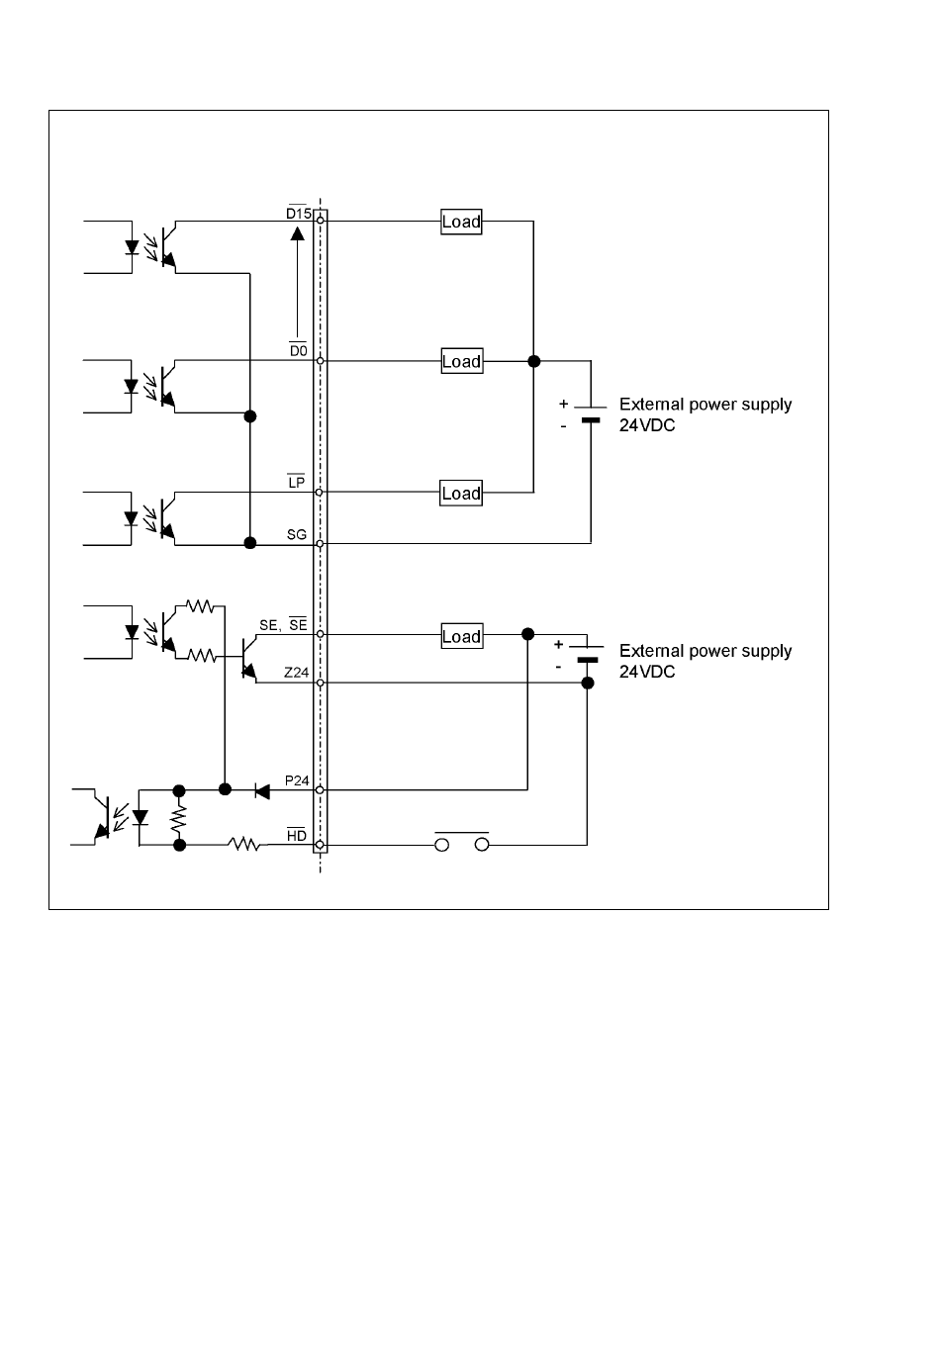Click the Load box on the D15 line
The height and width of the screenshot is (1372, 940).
coord(461,222)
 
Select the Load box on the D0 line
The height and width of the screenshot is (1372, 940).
coord(462,361)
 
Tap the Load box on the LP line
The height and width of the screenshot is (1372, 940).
coord(461,493)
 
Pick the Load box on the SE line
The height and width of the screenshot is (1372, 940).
coord(462,636)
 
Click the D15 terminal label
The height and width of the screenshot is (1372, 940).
coord(299,213)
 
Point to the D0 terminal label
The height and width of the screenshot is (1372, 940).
coord(299,350)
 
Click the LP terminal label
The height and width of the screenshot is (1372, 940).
coord(297,482)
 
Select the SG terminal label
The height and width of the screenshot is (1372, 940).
coord(297,535)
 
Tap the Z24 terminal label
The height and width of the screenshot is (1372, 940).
coord(296,673)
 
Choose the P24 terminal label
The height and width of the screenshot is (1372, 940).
coord(297,780)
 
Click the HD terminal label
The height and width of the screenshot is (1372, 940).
coord(297,835)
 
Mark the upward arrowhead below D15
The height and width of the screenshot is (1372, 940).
coord(297,233)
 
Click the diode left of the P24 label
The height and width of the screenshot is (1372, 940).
coord(262,791)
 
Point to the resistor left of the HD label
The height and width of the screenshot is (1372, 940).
coord(243,845)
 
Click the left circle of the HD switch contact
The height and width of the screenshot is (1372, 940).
coord(442,845)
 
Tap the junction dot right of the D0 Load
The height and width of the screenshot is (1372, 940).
coord(533,361)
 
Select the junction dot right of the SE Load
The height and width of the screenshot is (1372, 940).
coord(527,634)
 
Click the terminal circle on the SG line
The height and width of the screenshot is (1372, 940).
coord(320,543)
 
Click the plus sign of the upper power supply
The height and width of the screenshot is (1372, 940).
coord(564,405)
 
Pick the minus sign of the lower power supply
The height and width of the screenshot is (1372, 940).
coord(558,667)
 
